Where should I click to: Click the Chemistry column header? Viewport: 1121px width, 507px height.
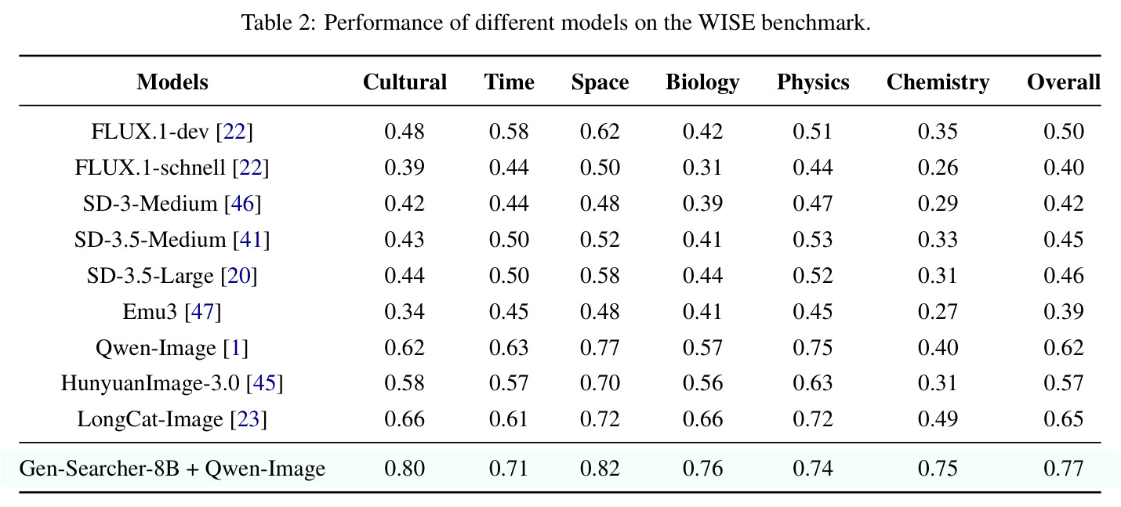click(x=938, y=82)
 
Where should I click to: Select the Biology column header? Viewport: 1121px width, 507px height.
click(x=702, y=82)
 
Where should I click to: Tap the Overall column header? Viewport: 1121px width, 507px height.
click(x=1064, y=81)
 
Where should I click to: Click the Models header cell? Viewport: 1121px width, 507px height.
click(x=172, y=81)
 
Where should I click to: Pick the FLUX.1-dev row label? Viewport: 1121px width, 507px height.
click(x=172, y=132)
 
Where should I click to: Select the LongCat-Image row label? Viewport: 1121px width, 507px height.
click(x=172, y=419)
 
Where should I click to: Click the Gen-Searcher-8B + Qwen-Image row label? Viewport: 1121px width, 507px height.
click(x=172, y=469)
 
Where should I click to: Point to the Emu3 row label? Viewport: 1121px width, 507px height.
click(x=172, y=312)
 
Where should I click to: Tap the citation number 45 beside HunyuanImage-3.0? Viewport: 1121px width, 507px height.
click(x=265, y=383)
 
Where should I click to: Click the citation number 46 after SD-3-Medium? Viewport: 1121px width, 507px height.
click(x=243, y=204)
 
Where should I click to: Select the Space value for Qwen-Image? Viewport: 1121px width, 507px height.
click(x=600, y=347)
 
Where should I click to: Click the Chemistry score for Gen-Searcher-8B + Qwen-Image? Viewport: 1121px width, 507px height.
click(x=938, y=469)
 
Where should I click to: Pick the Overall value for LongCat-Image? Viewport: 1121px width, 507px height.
click(x=1064, y=419)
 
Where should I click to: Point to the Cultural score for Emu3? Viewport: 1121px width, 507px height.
click(x=405, y=312)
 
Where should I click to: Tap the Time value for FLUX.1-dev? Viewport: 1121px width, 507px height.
click(x=509, y=132)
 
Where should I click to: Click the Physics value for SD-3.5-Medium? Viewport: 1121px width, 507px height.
click(x=813, y=240)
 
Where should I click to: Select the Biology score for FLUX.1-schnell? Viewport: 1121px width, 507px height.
click(x=702, y=168)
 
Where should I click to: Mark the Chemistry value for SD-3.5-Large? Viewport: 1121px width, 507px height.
click(x=938, y=276)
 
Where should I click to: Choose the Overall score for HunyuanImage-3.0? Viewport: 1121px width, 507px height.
click(x=1064, y=383)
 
